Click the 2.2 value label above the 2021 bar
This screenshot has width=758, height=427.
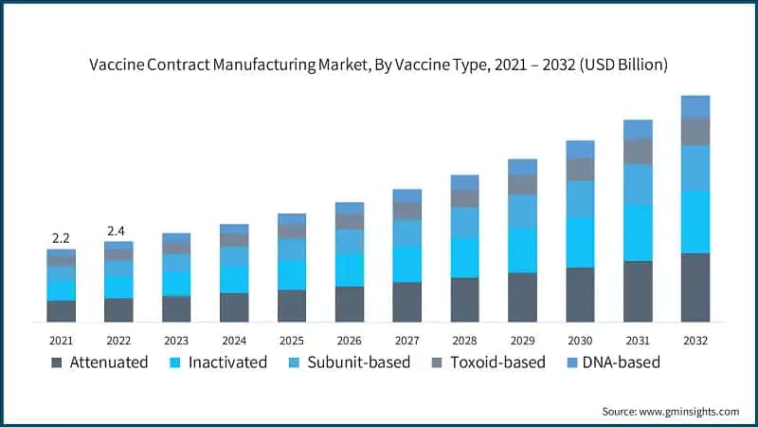(61, 237)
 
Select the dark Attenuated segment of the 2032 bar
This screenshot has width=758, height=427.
(695, 288)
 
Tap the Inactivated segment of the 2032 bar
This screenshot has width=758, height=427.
(695, 221)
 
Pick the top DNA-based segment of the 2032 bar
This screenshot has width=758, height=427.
(695, 106)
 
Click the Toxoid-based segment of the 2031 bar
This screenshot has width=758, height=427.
(638, 152)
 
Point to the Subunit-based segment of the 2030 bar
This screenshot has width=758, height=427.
(580, 198)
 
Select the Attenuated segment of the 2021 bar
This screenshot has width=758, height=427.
(61, 311)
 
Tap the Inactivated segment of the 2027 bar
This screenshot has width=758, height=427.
(406, 264)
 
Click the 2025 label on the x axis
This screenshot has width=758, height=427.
(292, 340)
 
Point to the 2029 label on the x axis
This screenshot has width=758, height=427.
(522, 340)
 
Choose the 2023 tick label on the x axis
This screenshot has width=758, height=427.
(176, 340)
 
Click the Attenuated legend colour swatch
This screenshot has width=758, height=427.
(57, 362)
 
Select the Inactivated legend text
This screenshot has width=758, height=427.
(227, 362)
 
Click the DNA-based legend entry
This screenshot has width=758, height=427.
(621, 362)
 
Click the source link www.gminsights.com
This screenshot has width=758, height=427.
(691, 411)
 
